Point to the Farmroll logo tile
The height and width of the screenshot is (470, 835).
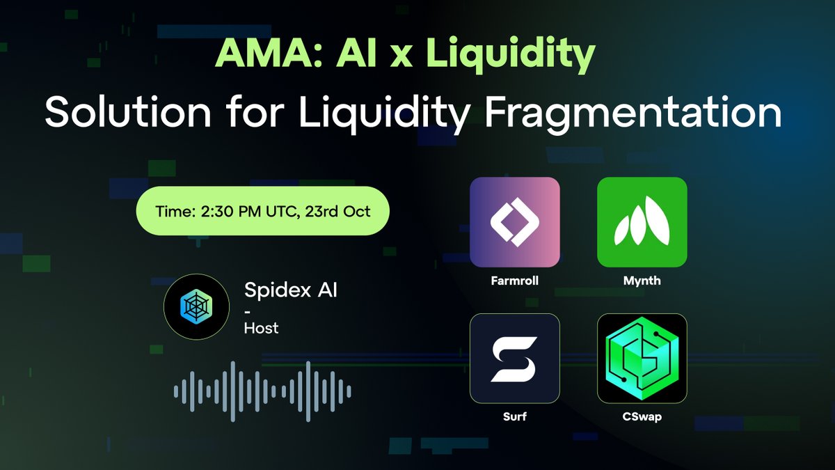(515, 222)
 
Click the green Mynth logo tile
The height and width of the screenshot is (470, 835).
(642, 222)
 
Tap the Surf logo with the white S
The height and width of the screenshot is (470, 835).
(515, 358)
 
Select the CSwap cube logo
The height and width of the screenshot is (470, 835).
(642, 358)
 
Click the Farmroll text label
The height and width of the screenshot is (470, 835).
(515, 281)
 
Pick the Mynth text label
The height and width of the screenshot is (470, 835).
(642, 281)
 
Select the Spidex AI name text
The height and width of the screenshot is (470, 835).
(291, 290)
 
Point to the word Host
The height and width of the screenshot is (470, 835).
(261, 327)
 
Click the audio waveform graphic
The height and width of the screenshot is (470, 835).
(262, 391)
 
